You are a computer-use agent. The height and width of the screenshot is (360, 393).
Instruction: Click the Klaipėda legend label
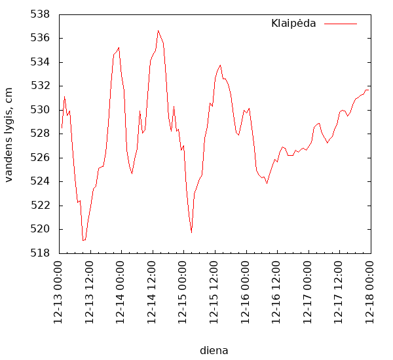coord(293,24)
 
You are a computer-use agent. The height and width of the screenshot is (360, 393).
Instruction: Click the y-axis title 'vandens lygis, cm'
coord(9,134)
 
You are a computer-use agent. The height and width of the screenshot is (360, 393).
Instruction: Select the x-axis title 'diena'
coord(214,350)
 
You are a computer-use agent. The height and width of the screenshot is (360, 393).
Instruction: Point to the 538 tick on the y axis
coord(41,14)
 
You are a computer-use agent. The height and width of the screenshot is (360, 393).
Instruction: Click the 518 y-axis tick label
coord(41,253)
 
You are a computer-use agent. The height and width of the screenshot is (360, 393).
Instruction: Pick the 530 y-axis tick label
coord(41,110)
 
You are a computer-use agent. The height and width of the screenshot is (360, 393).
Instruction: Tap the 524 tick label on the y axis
coord(41,181)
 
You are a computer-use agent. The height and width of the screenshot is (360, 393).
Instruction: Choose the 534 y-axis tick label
coord(41,62)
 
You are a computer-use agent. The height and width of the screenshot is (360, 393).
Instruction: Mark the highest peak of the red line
coord(158,31)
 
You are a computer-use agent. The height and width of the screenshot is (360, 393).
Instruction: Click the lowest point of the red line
coord(83,241)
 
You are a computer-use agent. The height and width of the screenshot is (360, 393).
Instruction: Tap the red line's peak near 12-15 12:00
coord(220,65)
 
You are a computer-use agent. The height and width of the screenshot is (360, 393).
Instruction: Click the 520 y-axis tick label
coord(41,229)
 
